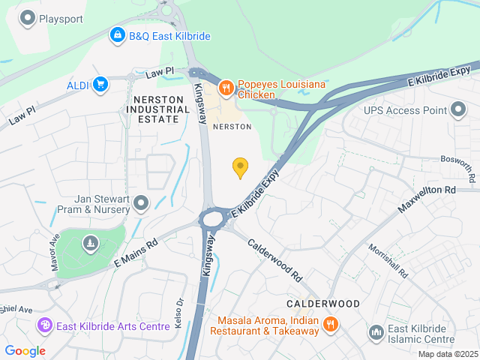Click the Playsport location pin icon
(28, 17)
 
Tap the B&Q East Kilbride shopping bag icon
(117, 35)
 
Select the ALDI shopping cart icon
(100, 85)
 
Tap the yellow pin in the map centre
(240, 167)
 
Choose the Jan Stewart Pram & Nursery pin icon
(140, 203)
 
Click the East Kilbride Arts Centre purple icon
(45, 326)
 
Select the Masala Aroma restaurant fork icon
(330, 325)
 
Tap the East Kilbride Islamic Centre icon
(376, 331)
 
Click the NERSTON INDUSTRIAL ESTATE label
(158, 109)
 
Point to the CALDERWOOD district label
(323, 304)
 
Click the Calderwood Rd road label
(274, 259)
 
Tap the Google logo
(25, 351)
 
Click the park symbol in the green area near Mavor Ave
(91, 243)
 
